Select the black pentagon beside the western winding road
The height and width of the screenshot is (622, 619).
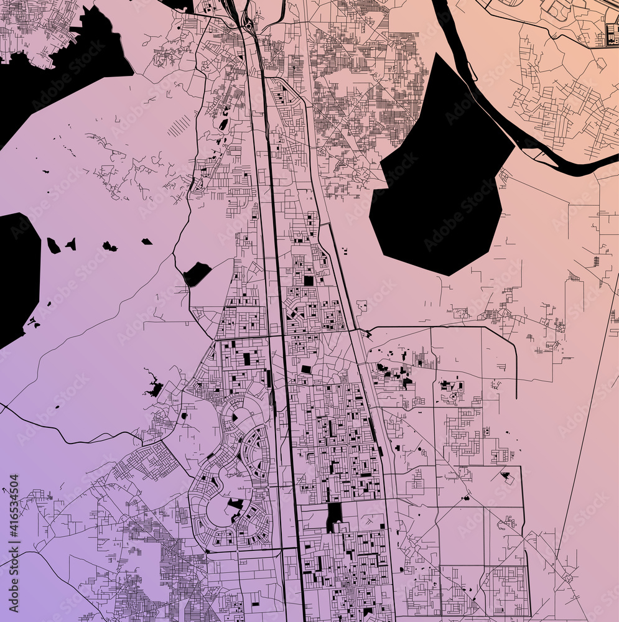pyautogui.click(x=197, y=274)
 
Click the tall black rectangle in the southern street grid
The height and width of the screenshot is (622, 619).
pyautogui.click(x=334, y=514)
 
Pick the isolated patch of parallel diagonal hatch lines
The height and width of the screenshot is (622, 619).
pyautogui.click(x=179, y=126)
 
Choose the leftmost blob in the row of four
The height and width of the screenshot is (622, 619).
pyautogui.click(x=54, y=246)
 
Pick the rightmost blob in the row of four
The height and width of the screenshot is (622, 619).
pyautogui.click(x=147, y=241)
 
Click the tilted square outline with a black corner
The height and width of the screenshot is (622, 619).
pyautogui.click(x=506, y=477)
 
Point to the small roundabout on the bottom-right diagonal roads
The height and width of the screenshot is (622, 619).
pyautogui.click(x=567, y=578)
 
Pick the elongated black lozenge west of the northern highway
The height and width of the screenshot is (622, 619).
pyautogui.click(x=223, y=124)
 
